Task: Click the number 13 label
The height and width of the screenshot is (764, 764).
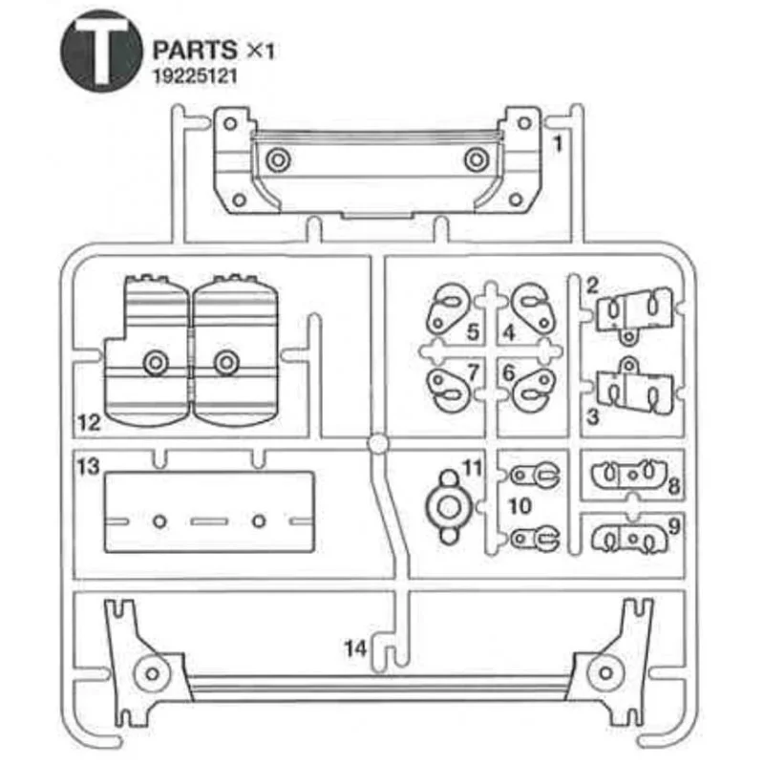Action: pyautogui.click(x=88, y=466)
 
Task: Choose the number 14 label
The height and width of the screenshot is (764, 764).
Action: pyautogui.click(x=355, y=648)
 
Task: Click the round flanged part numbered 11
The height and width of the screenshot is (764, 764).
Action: pyautogui.click(x=447, y=502)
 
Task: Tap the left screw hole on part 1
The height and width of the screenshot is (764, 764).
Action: pyautogui.click(x=276, y=159)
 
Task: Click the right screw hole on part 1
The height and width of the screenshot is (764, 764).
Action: pyautogui.click(x=475, y=159)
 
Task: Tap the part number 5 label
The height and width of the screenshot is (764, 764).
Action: pyautogui.click(x=473, y=333)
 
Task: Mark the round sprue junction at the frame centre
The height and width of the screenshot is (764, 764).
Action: pyautogui.click(x=378, y=445)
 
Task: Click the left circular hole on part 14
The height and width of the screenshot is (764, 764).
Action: pyautogui.click(x=151, y=671)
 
